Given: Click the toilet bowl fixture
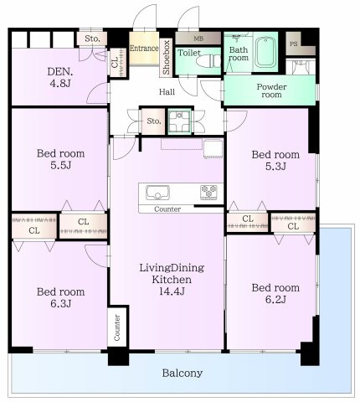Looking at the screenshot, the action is point(208,61).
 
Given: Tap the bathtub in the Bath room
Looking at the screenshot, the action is point(265,52).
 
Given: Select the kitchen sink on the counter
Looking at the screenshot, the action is point(157,193).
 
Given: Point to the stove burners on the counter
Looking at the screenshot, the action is point(208,193).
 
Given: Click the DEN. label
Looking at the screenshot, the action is point(60,72).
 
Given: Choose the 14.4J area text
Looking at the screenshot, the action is point(172,291).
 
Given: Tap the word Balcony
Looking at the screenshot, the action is point(183,373).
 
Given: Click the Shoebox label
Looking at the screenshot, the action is point(167,57).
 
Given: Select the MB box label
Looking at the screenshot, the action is point(198,39).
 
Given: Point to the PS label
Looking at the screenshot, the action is point(293,44).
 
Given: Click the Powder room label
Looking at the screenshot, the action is point(271,90).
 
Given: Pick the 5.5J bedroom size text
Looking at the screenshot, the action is point(61,165).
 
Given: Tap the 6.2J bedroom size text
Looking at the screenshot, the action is point(275,299).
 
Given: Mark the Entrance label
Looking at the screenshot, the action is point(144,48).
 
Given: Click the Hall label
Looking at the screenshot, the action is point(167,92).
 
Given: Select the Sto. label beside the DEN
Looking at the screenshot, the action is point(92,39).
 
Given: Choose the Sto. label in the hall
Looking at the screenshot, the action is point(154,121).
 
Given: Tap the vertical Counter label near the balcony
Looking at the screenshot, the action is point(117,327).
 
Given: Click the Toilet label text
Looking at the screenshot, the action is point(189,53).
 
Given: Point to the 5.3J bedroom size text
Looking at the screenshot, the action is point(275,167).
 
